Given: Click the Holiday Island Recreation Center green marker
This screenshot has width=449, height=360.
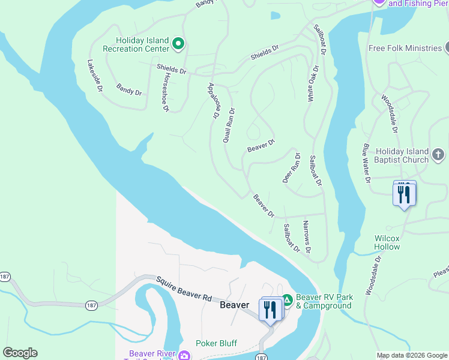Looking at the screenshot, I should tap(178, 43).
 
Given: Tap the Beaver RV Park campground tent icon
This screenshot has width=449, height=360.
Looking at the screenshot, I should tap(287, 299).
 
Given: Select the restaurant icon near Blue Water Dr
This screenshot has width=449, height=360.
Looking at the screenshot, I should tap(404, 194).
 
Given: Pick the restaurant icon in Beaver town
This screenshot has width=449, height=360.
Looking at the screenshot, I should tap(270, 309).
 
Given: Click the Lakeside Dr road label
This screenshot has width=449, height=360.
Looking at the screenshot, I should tap(95, 75).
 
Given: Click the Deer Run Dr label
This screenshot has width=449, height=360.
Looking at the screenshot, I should tap(292, 167).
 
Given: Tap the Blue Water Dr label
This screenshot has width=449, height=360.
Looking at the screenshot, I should tap(365, 163).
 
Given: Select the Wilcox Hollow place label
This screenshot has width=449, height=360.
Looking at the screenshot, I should tap(387, 242).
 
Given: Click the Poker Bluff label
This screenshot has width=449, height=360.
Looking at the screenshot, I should tap(216, 344).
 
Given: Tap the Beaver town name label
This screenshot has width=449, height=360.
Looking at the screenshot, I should tap(234, 305).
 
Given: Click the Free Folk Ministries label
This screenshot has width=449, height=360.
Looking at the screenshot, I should tap(405, 48).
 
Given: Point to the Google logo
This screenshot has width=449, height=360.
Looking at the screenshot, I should tap(20, 353).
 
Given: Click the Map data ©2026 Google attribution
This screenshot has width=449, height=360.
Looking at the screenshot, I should tap(411, 355).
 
